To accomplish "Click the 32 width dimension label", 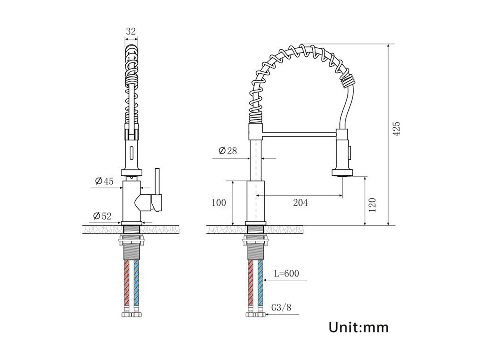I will click(131, 31).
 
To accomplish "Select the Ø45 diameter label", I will click(104, 181).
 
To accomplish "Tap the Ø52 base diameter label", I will click(102, 216).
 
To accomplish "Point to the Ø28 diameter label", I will click(228, 150).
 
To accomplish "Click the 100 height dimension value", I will click(219, 203).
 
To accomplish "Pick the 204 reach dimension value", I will click(300, 203).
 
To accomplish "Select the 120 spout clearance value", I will click(372, 205).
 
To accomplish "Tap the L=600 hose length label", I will click(286, 273).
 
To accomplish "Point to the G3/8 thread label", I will click(281, 308).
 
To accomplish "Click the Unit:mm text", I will click(358, 327).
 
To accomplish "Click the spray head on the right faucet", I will click(342, 154).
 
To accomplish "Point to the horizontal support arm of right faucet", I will click(299, 134).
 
